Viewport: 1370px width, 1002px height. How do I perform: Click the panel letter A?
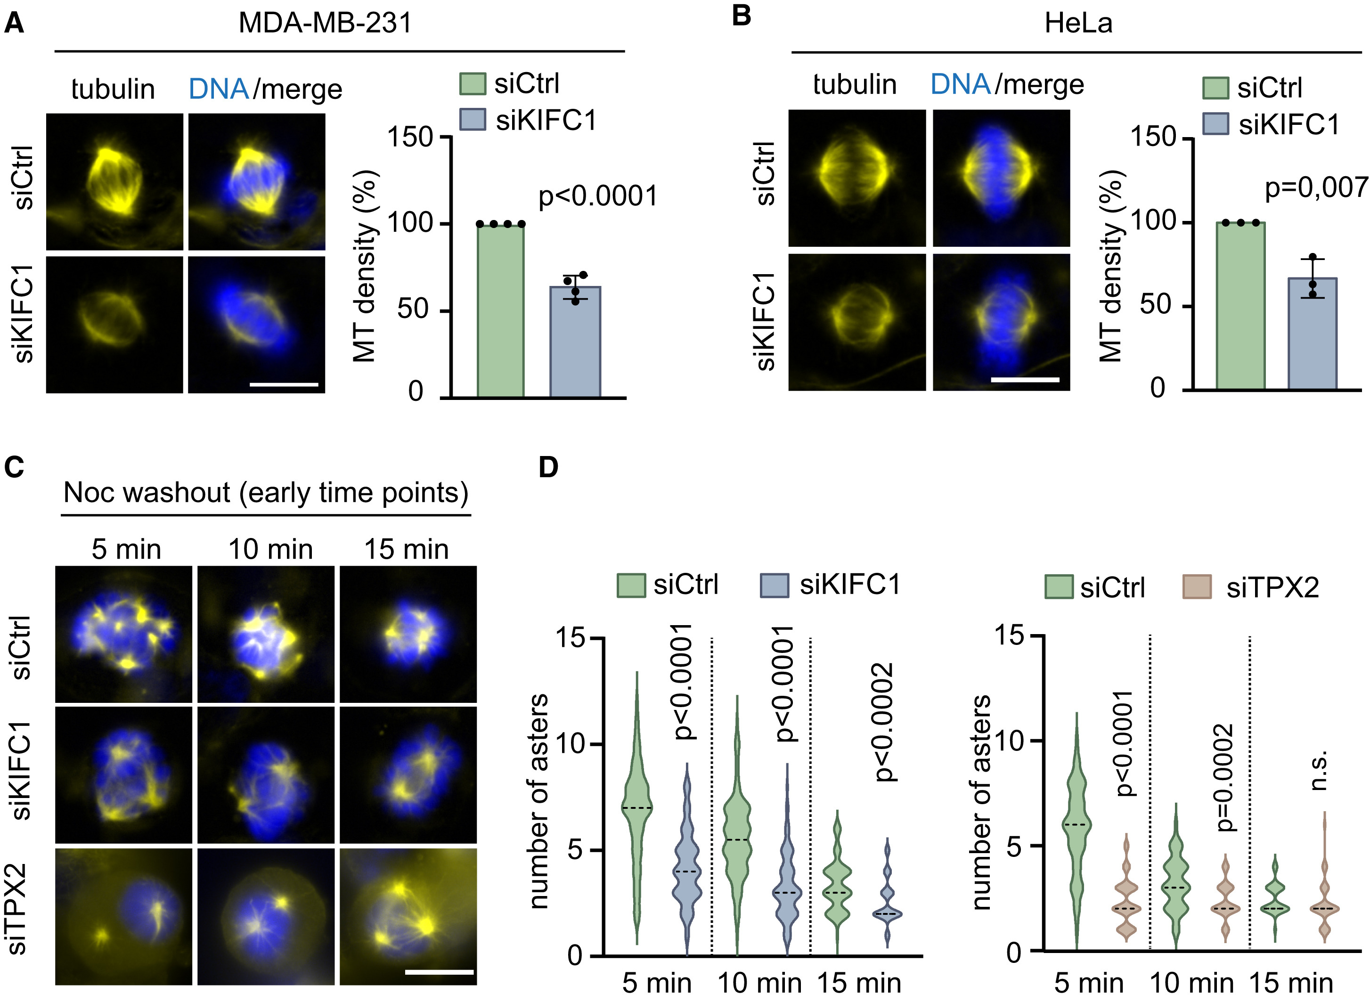14,23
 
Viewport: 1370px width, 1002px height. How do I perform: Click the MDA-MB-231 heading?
325,23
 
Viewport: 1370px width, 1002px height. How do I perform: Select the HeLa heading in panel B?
1078,23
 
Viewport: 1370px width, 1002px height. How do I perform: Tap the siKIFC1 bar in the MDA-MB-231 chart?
574,342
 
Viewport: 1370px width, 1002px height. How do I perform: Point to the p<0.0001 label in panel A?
597,196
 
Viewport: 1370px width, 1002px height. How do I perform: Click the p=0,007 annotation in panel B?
1315,187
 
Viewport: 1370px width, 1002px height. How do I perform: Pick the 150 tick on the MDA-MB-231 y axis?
410,137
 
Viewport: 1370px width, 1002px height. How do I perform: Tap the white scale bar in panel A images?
283,384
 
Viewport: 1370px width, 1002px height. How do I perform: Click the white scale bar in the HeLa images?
1025,380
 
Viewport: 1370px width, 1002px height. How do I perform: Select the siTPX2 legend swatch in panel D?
1196,587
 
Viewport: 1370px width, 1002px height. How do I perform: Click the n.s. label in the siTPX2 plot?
1319,770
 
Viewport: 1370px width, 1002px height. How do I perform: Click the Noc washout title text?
266,492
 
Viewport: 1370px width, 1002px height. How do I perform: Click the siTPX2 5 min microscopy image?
124,916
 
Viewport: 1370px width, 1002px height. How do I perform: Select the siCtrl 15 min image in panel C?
408,634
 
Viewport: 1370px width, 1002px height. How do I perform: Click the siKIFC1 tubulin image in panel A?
114,325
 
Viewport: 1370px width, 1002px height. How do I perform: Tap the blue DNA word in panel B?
960,84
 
